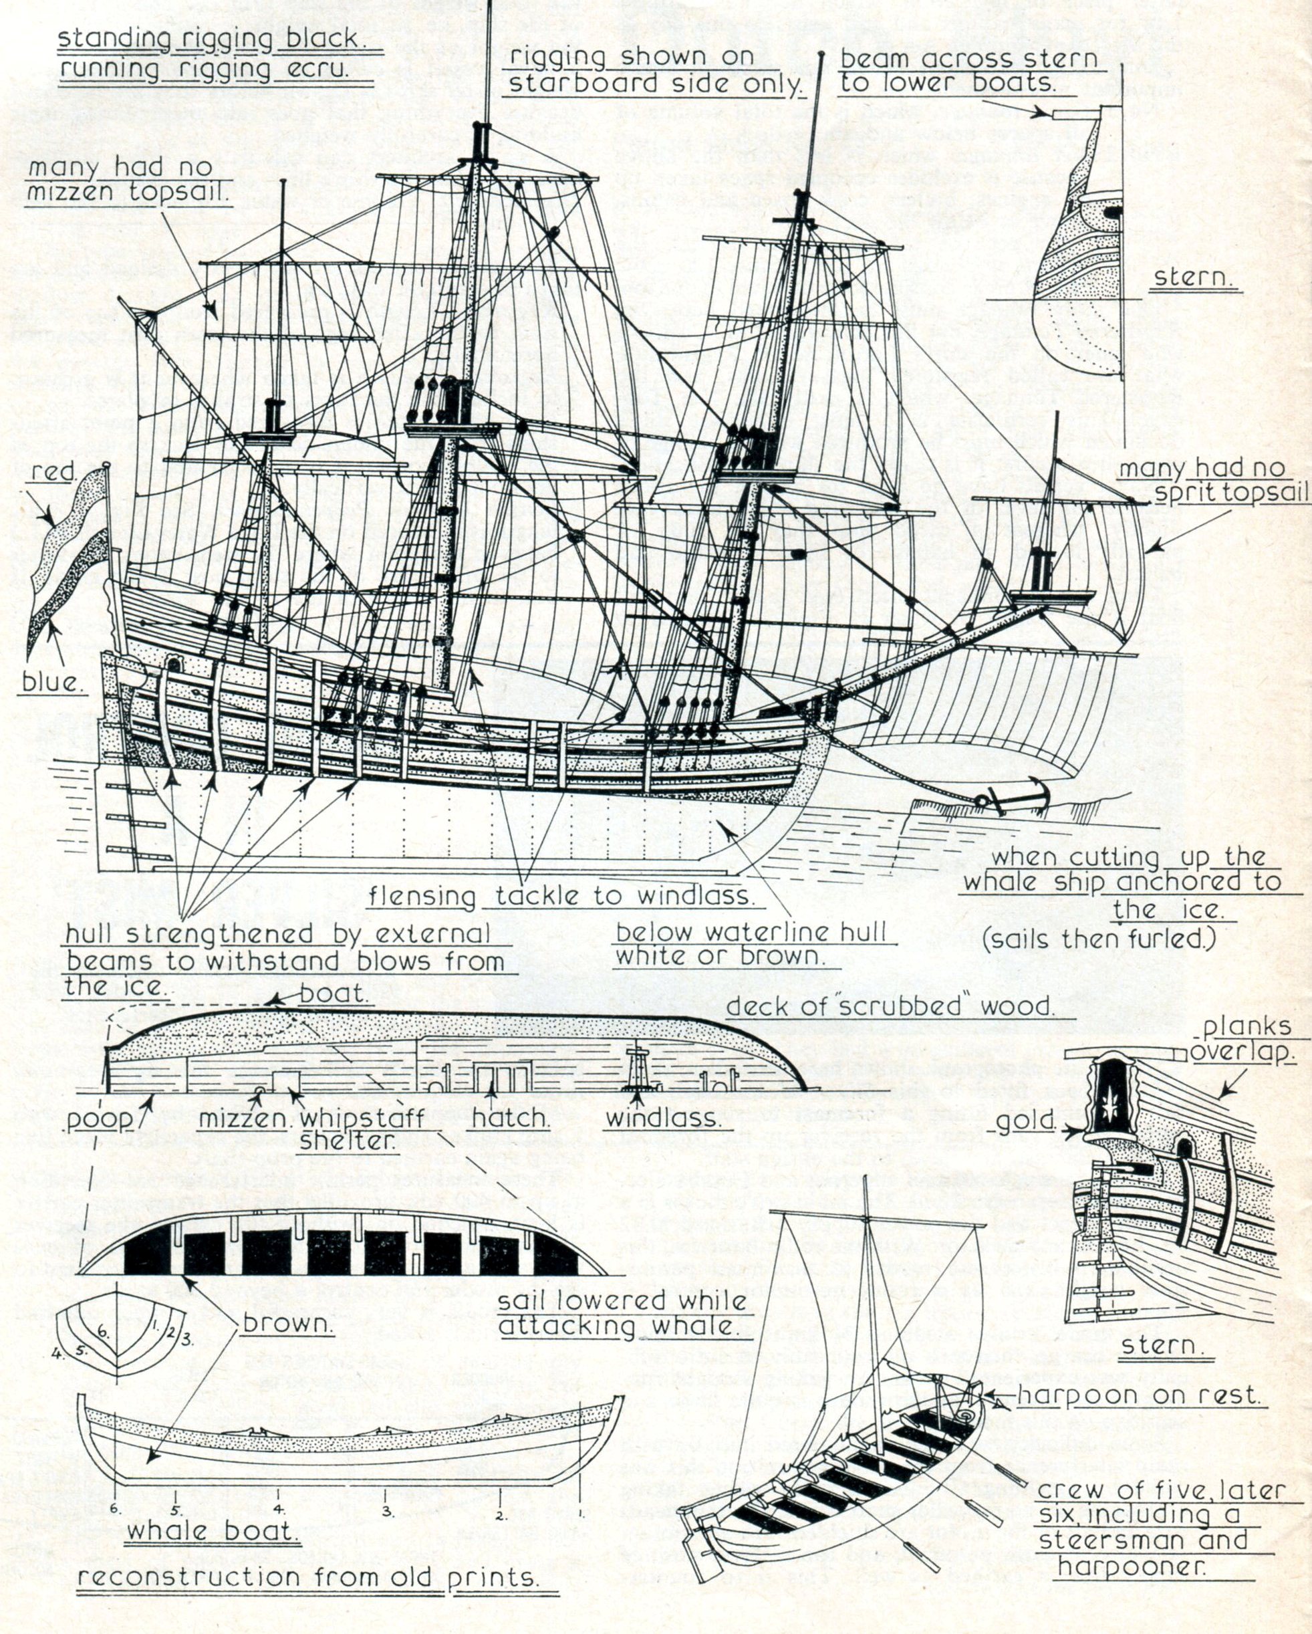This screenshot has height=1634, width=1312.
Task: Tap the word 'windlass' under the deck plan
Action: point(664,1118)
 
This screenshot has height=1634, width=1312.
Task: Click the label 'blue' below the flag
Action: point(50,682)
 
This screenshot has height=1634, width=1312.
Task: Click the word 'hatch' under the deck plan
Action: point(510,1118)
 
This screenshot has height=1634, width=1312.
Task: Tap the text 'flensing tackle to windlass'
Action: point(561,896)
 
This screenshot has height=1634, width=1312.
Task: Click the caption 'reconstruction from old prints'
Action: point(308,1599)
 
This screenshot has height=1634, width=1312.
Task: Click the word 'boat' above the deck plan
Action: point(334,993)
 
